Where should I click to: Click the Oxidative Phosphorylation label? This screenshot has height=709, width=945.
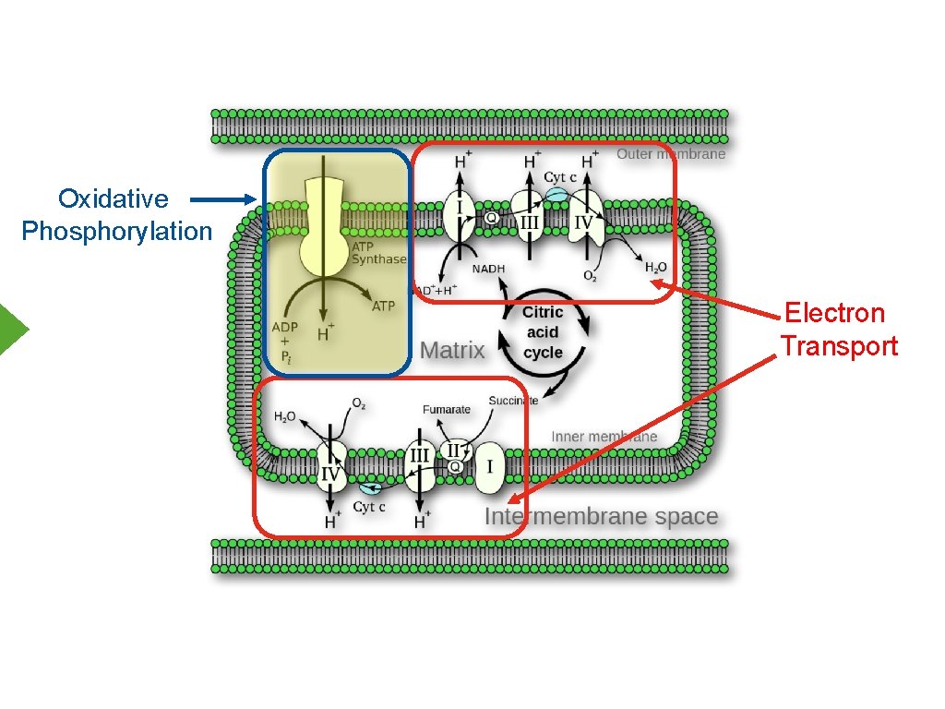pyautogui.click(x=116, y=214)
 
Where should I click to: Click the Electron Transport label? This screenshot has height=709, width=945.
pyautogui.click(x=838, y=330)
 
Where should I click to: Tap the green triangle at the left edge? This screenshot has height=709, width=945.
pyautogui.click(x=13, y=329)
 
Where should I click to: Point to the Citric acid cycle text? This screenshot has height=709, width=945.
pyautogui.click(x=543, y=332)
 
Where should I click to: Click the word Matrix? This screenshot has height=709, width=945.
pyautogui.click(x=452, y=350)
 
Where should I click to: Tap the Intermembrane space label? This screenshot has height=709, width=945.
pyautogui.click(x=601, y=516)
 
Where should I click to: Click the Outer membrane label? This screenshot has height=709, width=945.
pyautogui.click(x=671, y=154)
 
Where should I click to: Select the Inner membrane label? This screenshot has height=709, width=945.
pyautogui.click(x=604, y=436)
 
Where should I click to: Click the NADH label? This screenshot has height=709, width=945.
pyautogui.click(x=488, y=269)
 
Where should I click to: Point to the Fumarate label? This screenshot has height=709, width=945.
pyautogui.click(x=447, y=409)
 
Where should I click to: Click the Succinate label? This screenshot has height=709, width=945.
pyautogui.click(x=513, y=400)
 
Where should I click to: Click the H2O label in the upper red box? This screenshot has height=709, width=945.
pyautogui.click(x=655, y=268)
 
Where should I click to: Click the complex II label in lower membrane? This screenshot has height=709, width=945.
pyautogui.click(x=453, y=451)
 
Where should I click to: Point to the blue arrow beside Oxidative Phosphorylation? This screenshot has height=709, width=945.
pyautogui.click(x=223, y=198)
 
